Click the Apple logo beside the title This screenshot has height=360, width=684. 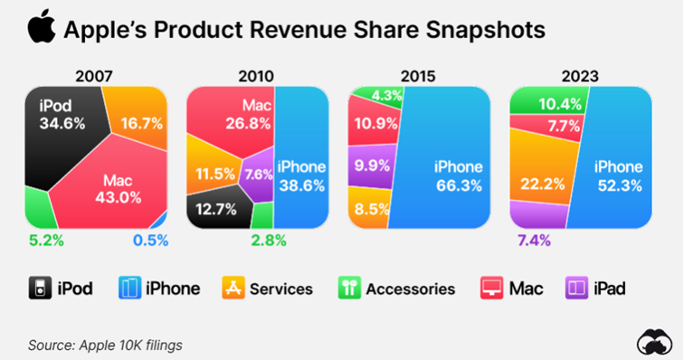[x=40, y=28]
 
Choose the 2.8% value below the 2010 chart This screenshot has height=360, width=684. [x=268, y=240]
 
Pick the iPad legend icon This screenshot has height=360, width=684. [x=576, y=289]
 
